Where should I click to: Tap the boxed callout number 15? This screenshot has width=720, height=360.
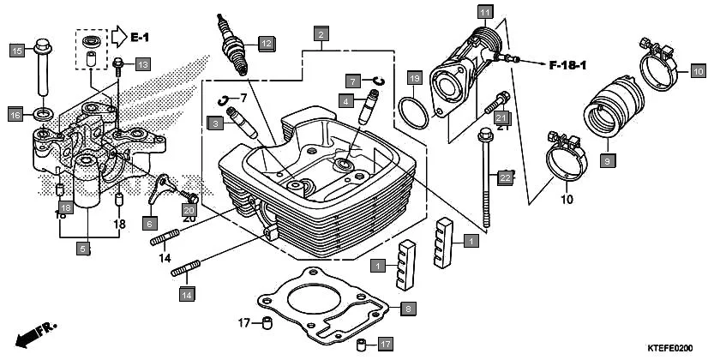[16, 51]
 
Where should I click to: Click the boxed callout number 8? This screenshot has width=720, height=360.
[408, 308]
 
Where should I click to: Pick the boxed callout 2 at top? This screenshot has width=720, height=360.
[321, 34]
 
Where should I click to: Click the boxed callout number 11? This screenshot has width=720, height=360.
[485, 12]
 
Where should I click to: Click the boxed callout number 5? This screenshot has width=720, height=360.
[83, 249]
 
